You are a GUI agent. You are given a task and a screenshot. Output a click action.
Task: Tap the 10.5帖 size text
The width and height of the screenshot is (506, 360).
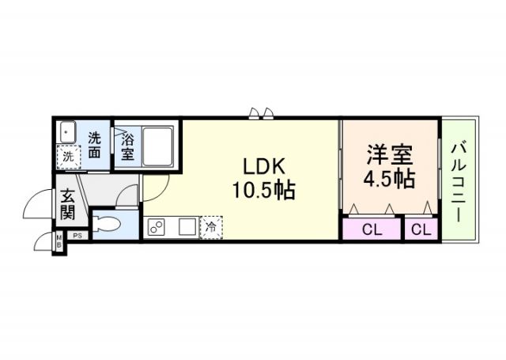coord(262,191)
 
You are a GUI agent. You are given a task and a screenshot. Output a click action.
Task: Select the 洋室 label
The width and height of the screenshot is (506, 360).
coord(389,153)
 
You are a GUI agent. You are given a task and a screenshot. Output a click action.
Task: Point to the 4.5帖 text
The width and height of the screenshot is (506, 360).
coord(389,178)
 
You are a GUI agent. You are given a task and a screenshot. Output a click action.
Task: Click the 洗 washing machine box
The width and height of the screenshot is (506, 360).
coord(69,157)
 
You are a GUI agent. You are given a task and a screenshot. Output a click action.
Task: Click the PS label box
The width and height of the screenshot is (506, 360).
coord(77,235)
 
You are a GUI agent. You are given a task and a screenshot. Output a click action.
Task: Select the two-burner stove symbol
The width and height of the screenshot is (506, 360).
coord(157,228)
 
